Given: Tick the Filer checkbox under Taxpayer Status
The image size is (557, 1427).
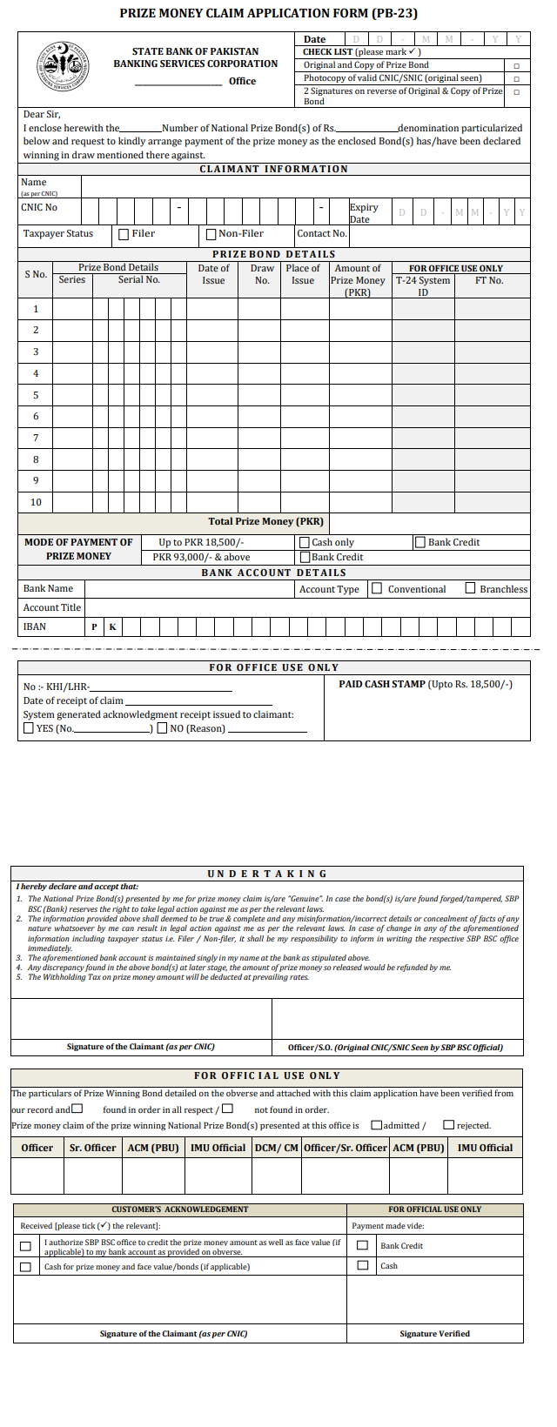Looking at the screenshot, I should click(124, 234).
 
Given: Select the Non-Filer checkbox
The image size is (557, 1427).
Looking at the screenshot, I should click(211, 234).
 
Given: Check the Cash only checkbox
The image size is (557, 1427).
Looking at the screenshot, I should click(305, 543).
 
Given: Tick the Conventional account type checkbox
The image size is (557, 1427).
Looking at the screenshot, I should click(377, 589).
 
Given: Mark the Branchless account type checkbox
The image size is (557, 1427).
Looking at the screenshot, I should click(471, 589).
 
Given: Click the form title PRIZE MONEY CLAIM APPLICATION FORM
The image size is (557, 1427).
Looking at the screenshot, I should click(268, 14).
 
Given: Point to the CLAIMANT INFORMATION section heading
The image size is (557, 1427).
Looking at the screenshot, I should click(273, 169).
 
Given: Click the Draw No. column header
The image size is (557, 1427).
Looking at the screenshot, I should click(262, 274).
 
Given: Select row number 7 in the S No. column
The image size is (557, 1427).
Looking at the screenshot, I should click(36, 438).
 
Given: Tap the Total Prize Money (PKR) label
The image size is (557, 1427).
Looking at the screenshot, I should click(265, 522).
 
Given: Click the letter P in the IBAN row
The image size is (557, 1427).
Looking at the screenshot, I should click(94, 627).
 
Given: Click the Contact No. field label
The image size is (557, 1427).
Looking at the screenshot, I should click(321, 234).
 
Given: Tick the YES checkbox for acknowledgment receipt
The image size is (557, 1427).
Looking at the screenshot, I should click(29, 728).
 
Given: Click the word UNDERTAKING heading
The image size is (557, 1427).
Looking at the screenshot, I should click(267, 874).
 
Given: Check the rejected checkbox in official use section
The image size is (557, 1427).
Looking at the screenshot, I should click(449, 1125).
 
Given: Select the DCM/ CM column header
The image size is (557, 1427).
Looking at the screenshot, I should click(277, 1148).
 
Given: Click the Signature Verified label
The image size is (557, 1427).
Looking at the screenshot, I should click(434, 1334).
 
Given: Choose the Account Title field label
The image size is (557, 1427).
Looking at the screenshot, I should click(52, 607).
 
